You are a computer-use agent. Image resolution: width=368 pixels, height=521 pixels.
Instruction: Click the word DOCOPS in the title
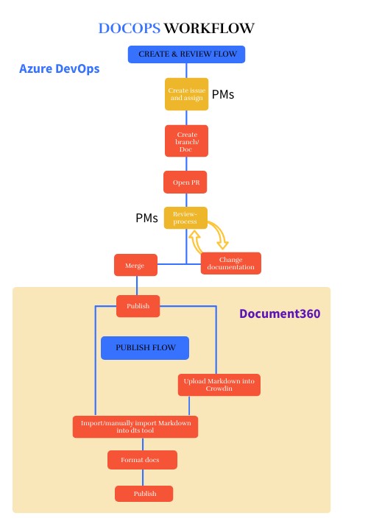pos(129,29)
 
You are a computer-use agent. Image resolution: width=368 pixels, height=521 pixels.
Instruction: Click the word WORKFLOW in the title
pos(209,29)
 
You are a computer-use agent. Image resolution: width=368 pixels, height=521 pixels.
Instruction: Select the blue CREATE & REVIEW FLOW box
pos(186,54)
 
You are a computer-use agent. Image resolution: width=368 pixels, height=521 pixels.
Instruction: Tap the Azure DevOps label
pos(59,69)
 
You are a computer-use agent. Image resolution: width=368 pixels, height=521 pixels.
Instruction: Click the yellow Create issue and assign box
pos(186,94)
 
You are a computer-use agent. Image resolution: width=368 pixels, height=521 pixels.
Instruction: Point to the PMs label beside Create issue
pos(223,95)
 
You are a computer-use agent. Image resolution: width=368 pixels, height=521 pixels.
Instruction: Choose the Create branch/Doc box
pos(186,141)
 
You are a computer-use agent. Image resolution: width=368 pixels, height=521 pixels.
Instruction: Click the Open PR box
pos(186,182)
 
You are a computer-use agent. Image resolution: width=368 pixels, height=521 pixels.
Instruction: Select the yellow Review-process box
pos(185,217)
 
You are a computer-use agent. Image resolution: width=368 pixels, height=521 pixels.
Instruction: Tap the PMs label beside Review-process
pos(146,219)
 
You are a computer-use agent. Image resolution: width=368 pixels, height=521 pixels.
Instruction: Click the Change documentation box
pos(231,263)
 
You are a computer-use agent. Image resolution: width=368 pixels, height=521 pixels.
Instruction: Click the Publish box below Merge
pos(138,306)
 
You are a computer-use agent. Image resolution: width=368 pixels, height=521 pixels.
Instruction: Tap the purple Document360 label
pos(279,314)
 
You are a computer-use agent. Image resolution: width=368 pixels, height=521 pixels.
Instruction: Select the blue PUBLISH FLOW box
pos(144,347)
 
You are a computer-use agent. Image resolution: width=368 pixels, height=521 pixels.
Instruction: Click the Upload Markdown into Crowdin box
pos(219,385)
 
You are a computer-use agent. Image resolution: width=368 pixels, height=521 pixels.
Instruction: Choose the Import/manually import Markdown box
pos(135,427)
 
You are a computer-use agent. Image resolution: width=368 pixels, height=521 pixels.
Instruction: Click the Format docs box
pos(142,460)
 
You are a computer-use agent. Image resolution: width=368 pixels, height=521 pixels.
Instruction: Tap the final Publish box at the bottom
pos(144,493)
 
